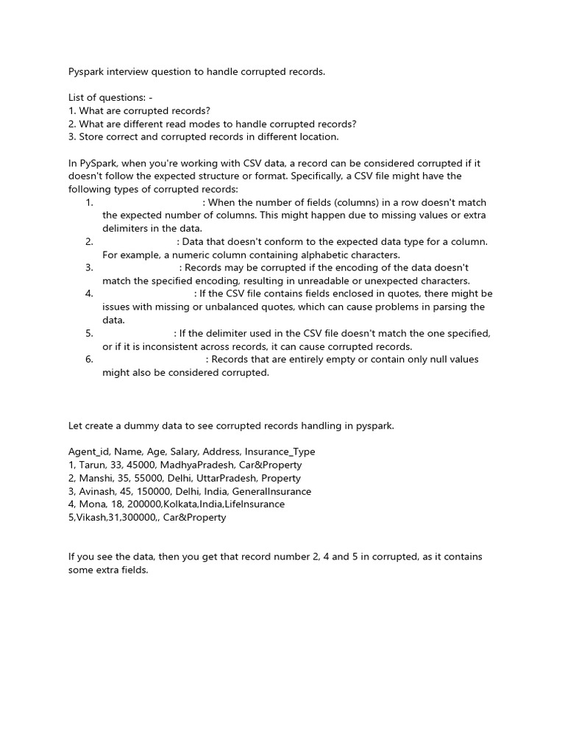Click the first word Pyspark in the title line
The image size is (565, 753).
click(x=87, y=72)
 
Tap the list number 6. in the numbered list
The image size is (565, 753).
click(x=89, y=360)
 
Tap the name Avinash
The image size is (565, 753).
click(x=99, y=491)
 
